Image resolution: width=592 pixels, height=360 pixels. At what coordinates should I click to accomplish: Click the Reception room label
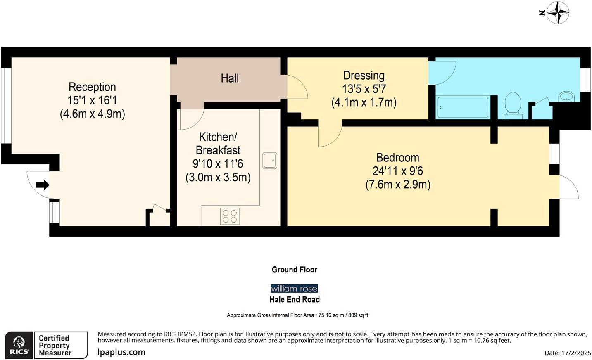point(92,87)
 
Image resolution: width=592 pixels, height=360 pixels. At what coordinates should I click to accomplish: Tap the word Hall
point(230,78)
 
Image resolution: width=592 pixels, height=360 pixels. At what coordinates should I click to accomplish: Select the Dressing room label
point(364,76)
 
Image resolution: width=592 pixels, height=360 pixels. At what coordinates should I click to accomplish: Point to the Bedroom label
point(397,158)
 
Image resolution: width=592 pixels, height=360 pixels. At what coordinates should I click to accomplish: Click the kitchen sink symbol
point(270,161)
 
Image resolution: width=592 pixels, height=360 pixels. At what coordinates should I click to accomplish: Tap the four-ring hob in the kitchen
point(230,216)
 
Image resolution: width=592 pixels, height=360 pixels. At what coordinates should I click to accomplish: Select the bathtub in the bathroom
point(463,107)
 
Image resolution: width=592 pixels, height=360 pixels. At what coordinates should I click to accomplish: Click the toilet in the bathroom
point(513,106)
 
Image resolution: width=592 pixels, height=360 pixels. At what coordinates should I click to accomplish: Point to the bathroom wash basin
point(566,97)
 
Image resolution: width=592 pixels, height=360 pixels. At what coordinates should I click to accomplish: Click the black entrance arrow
point(43,185)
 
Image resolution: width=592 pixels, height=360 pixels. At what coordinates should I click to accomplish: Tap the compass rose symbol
point(557,13)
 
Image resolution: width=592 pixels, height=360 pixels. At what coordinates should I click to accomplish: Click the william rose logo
point(294,289)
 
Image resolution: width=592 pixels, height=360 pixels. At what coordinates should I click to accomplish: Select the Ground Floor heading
point(295,270)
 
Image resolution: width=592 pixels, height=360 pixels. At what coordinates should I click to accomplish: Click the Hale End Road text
point(295,299)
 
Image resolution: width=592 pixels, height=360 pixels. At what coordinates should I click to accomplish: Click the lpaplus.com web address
point(121,352)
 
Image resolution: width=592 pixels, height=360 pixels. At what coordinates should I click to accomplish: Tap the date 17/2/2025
point(576,353)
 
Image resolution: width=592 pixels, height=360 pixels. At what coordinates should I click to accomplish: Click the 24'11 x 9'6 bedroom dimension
point(397,171)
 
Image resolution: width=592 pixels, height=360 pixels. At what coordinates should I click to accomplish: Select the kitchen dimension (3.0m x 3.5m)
point(218,177)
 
